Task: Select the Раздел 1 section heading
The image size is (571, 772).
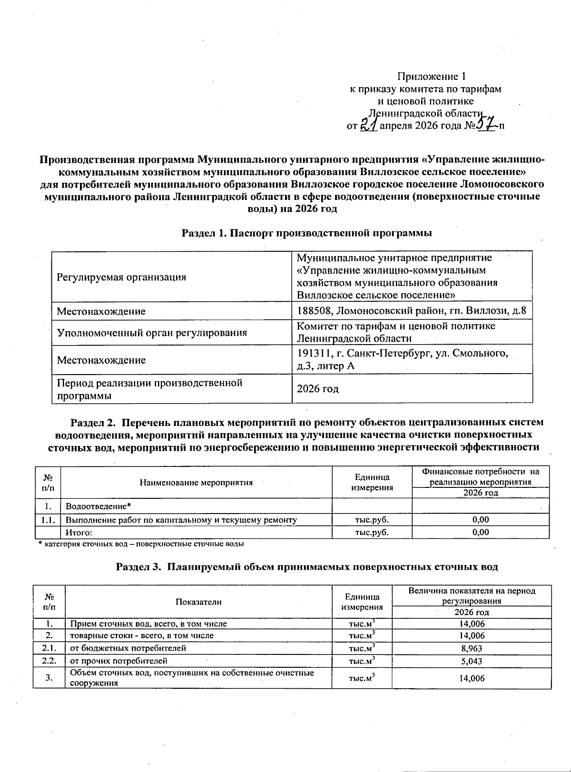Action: [x=307, y=233]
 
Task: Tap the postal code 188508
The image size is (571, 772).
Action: [x=312, y=312]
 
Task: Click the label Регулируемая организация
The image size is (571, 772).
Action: [x=121, y=277]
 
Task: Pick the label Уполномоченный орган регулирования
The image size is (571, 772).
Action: [x=151, y=333]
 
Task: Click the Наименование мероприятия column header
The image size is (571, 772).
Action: [x=196, y=483]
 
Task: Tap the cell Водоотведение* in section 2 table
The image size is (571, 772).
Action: [x=98, y=506]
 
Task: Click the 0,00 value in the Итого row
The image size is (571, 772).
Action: [x=481, y=532]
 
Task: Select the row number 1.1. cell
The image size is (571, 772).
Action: [x=49, y=520]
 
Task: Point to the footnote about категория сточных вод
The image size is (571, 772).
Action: [x=141, y=544]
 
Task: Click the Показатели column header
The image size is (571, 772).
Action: [x=198, y=602]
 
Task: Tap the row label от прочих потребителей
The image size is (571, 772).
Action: [x=118, y=661]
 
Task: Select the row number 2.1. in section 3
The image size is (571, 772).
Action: [x=49, y=648]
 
